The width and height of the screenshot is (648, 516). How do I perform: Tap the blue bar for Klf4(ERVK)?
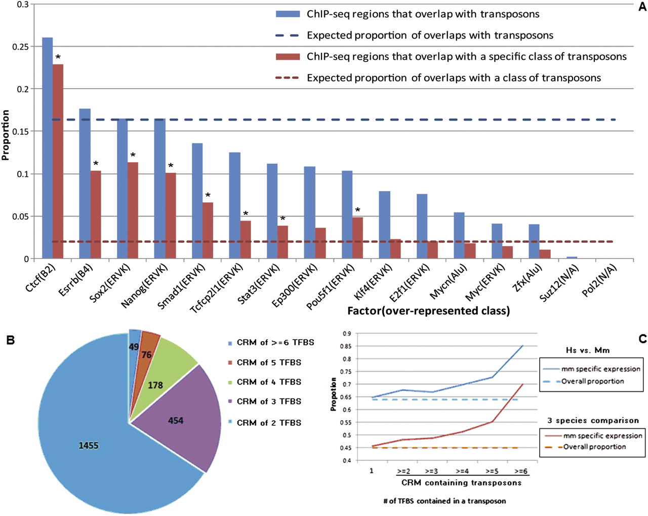pyautogui.click(x=385, y=225)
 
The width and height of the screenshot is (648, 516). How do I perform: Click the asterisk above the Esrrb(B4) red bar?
pyautogui.click(x=96, y=164)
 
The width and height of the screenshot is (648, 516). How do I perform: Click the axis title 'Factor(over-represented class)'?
pyautogui.click(x=428, y=311)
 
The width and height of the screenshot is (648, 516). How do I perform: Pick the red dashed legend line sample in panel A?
pyautogui.click(x=287, y=78)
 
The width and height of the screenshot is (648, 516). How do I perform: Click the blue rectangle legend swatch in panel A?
pyautogui.click(x=287, y=14)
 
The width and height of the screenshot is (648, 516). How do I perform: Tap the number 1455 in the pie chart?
pyautogui.click(x=88, y=446)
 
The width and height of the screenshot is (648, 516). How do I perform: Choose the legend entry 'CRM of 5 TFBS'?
pyautogui.click(x=269, y=362)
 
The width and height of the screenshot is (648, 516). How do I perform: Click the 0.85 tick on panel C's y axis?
pyautogui.click(x=347, y=346)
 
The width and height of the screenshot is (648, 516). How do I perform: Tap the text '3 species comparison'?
pyautogui.click(x=593, y=421)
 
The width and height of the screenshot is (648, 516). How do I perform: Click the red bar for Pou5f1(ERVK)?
pyautogui.click(x=357, y=238)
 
